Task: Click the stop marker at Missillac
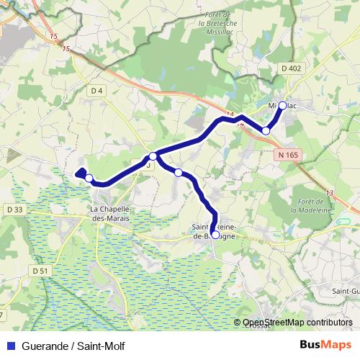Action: click(282, 106)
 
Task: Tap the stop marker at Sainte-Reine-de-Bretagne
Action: click(215, 234)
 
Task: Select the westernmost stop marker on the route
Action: click(89, 177)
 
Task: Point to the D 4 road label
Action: click(98, 90)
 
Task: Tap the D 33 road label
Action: click(14, 210)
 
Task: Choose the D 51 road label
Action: click(40, 270)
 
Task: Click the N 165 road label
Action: click(285, 154)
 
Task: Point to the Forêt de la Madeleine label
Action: click(310, 205)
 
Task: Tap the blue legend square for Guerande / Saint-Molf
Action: click(10, 346)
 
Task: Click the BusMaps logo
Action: click(325, 345)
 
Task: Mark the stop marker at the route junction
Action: click(153, 156)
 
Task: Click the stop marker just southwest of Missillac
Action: click(266, 130)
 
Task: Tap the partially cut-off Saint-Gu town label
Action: click(346, 290)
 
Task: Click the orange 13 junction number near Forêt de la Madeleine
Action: click(330, 193)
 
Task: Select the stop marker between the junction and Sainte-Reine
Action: click(178, 172)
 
